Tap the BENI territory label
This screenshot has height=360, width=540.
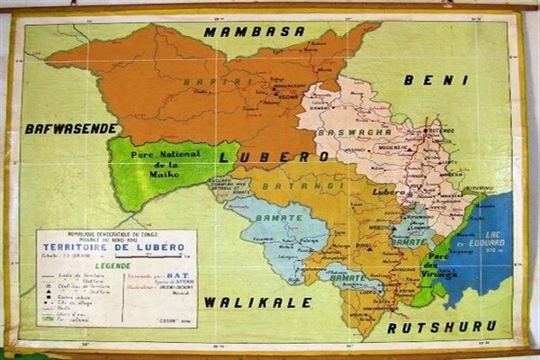pos(436,80)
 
